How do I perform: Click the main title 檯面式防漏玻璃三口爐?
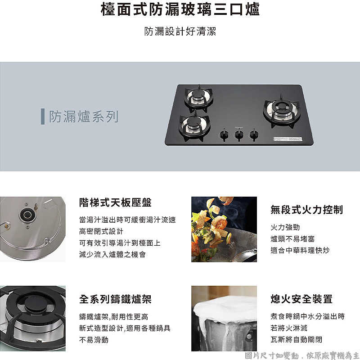coord(180,10)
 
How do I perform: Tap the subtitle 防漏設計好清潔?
coord(180,32)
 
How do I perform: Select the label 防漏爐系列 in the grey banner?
coord(84,117)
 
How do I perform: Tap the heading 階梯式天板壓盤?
coord(115,202)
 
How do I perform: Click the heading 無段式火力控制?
coord(306,210)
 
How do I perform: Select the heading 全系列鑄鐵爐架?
coord(115,299)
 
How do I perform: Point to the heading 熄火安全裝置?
coord(301,299)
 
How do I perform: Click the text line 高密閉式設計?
coord(101,231)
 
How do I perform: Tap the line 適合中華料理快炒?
coord(300,250)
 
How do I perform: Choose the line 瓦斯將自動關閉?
coord(296,339)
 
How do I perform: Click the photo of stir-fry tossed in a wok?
coord(224,229)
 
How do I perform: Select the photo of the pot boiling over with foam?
coord(224,318)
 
